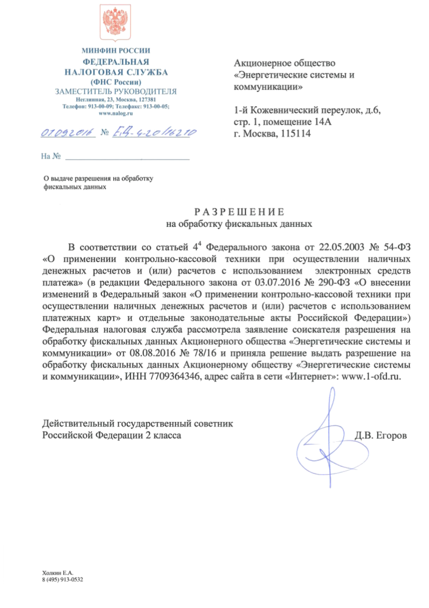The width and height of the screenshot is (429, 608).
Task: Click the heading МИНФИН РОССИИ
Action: pos(116,51)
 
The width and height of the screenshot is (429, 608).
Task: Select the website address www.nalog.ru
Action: pos(116,114)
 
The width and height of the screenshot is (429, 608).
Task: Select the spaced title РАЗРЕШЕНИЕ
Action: pos(239,211)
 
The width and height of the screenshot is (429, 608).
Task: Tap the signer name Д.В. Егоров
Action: pos(381,435)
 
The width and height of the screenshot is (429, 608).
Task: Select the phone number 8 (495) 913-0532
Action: pos(64,581)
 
